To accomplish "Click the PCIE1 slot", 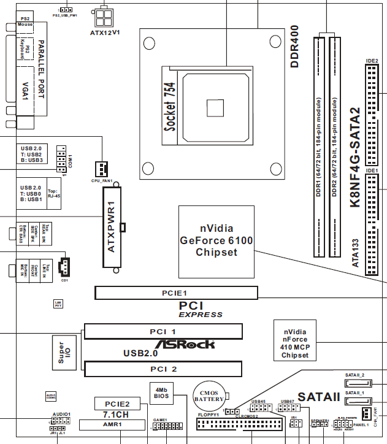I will [x=176, y=293].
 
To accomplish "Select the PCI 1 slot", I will [x=163, y=332].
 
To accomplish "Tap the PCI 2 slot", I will [x=163, y=369].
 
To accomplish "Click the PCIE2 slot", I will [x=117, y=404].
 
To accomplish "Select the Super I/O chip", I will [x=65, y=354].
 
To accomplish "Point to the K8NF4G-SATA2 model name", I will [x=354, y=159].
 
